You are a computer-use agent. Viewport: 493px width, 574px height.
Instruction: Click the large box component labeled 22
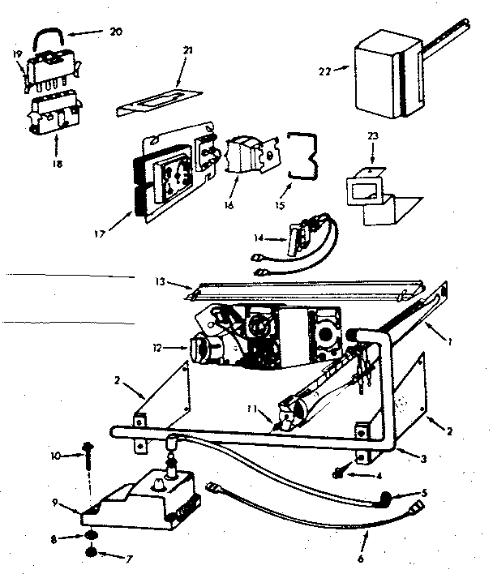point(382,72)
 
